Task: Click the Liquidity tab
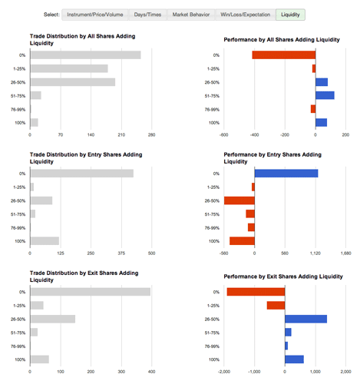pyautogui.click(x=290, y=15)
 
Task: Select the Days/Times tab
pyautogui.click(x=147, y=15)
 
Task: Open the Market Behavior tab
pyautogui.click(x=191, y=15)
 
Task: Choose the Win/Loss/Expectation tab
pyautogui.click(x=246, y=15)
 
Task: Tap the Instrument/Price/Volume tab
pyautogui.click(x=95, y=15)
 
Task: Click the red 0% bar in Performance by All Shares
pyautogui.click(x=284, y=55)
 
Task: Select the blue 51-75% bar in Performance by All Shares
pyautogui.click(x=325, y=95)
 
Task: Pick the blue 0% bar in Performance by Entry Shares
pyautogui.click(x=286, y=174)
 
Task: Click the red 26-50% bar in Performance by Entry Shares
pyautogui.click(x=239, y=200)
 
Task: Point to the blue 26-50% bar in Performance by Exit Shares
pyautogui.click(x=306, y=319)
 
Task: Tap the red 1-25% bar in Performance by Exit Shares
pyautogui.click(x=276, y=306)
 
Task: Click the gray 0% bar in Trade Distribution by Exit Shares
pyautogui.click(x=91, y=292)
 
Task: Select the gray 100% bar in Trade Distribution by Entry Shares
pyautogui.click(x=45, y=241)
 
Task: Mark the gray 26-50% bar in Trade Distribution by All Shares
pyautogui.click(x=73, y=82)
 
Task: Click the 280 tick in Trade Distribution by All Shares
pyautogui.click(x=151, y=135)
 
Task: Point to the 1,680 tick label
pyautogui.click(x=345, y=253)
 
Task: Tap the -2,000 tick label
pyautogui.click(x=224, y=372)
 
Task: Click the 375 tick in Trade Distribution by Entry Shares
pyautogui.click(x=121, y=253)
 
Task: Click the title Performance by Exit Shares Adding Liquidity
pyautogui.click(x=283, y=276)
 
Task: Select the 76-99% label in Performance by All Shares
pyautogui.click(x=212, y=110)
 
